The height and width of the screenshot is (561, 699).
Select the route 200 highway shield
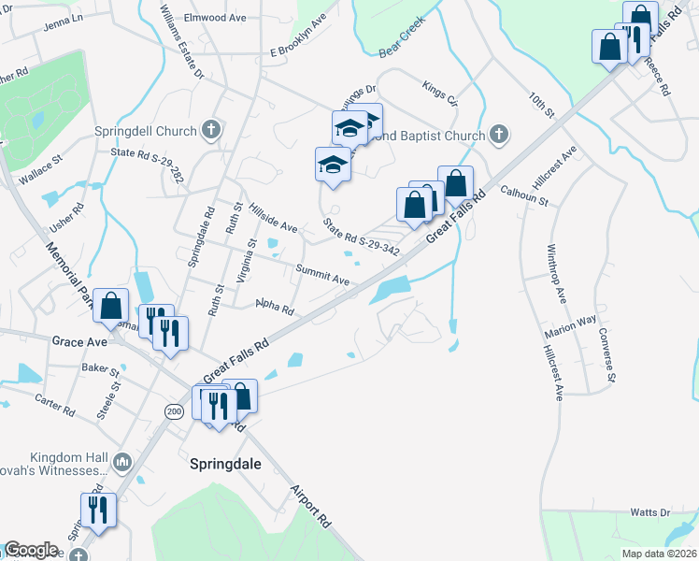click(173, 410)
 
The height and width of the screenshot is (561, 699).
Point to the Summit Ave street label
click(322, 274)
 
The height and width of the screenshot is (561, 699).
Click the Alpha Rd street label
click(275, 307)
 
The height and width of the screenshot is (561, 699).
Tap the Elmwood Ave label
click(214, 18)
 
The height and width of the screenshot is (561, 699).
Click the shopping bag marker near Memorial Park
click(110, 305)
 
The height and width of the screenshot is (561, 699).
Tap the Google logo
click(31, 550)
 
